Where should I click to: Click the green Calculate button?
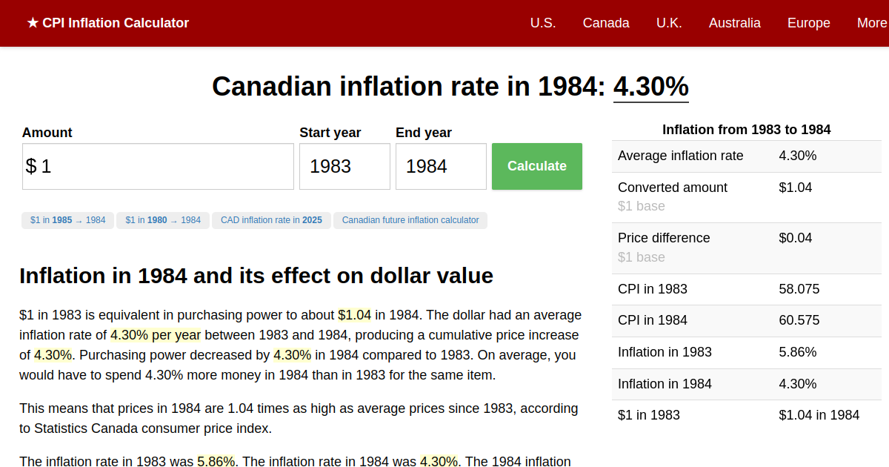click(x=536, y=166)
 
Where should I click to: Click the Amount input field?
click(x=158, y=166)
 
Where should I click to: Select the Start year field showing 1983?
click(x=344, y=166)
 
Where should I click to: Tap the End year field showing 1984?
click(x=441, y=166)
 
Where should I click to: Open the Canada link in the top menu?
click(x=606, y=23)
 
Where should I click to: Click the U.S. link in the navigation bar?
click(x=543, y=23)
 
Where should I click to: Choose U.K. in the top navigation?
click(x=669, y=23)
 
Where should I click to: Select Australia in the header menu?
click(x=734, y=23)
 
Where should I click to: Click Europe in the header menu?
click(x=808, y=23)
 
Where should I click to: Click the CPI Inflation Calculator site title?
click(x=108, y=23)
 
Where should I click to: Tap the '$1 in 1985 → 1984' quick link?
click(x=68, y=220)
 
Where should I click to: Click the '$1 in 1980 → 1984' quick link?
click(x=163, y=220)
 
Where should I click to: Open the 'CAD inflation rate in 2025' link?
click(x=271, y=220)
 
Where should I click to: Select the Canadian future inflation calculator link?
click(x=410, y=220)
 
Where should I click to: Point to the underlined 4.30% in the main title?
click(x=650, y=87)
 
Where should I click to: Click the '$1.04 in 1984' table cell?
click(x=819, y=415)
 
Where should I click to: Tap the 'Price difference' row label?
click(x=664, y=238)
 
